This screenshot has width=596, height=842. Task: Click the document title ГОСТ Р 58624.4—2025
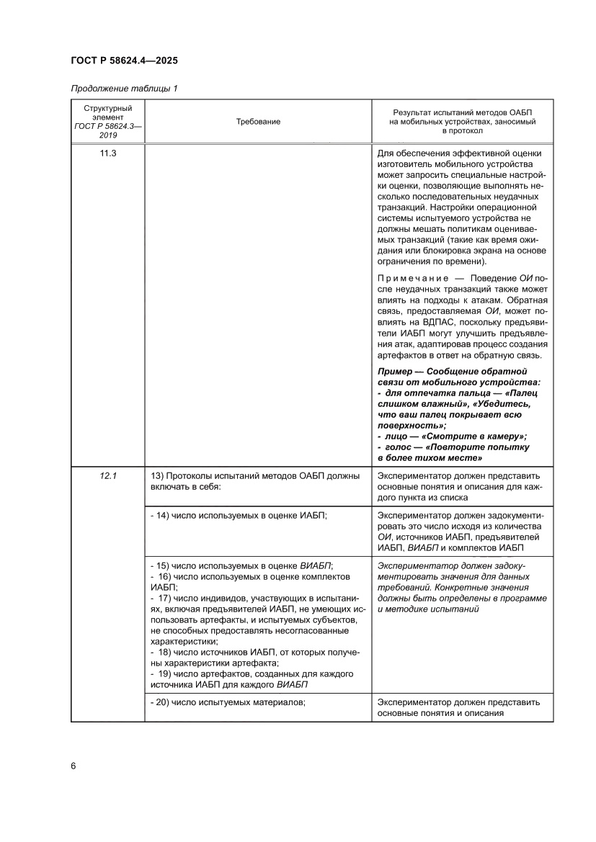(124, 61)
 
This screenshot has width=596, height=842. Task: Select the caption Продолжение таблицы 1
(124, 89)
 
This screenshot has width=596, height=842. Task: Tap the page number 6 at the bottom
(74, 765)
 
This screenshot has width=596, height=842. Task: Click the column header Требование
(258, 123)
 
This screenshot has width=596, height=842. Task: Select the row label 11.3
(108, 153)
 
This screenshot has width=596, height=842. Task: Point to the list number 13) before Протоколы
(159, 476)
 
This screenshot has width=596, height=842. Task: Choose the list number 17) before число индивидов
(165, 599)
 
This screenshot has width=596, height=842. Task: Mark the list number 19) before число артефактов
(165, 673)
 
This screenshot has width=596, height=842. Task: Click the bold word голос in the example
(400, 447)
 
